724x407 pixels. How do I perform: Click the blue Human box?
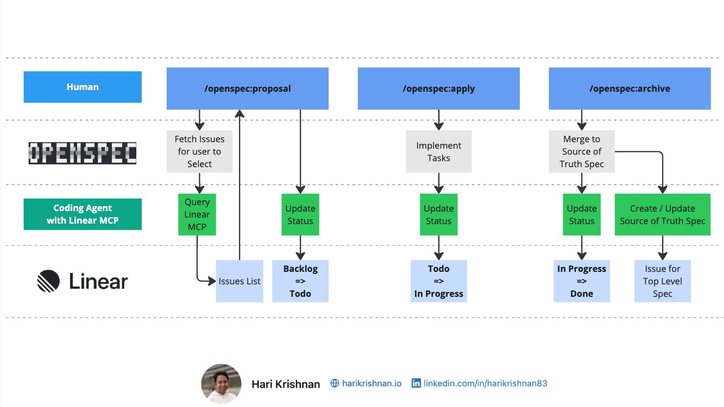tap(83, 87)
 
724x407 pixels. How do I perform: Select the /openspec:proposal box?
tap(247, 88)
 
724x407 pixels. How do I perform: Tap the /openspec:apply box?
tap(438, 88)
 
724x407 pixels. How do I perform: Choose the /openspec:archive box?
tap(629, 88)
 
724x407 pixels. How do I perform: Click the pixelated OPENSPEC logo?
tap(83, 153)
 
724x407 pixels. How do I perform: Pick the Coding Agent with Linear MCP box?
tap(83, 214)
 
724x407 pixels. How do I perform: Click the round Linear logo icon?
tap(48, 281)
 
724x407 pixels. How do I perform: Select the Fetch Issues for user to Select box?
tap(199, 151)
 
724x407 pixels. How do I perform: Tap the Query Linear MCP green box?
tap(197, 214)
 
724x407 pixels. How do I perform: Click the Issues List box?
tap(240, 281)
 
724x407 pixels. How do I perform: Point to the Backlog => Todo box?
tap(300, 281)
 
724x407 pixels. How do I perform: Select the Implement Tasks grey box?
tap(438, 151)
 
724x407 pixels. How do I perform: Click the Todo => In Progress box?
tap(438, 281)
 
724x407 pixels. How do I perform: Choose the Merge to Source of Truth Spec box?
tap(582, 151)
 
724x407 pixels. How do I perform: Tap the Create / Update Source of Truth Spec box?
tap(662, 214)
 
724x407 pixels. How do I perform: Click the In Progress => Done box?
tap(582, 281)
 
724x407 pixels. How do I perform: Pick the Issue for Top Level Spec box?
tap(662, 281)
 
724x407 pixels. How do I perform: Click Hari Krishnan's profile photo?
tap(221, 384)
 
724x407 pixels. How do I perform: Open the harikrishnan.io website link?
tap(372, 383)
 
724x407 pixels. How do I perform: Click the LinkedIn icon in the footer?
tap(416, 383)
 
